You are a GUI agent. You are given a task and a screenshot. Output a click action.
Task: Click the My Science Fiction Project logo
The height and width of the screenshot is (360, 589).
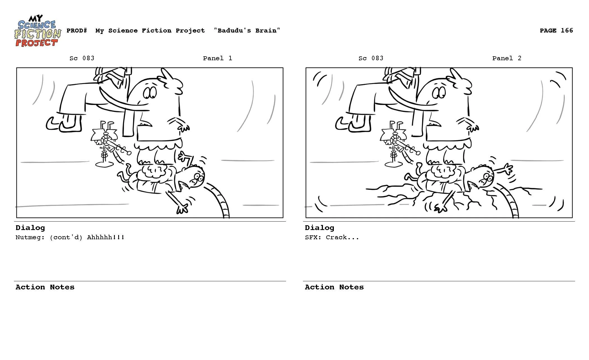[38, 31]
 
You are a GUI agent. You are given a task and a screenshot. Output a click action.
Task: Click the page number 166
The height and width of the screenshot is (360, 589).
[567, 31]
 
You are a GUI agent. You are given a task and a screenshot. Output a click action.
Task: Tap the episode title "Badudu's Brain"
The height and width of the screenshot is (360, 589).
[247, 31]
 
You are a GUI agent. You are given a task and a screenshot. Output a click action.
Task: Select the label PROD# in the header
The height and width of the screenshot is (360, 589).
[77, 31]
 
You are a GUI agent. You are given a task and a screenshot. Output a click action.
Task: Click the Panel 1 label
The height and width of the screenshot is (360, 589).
[218, 58]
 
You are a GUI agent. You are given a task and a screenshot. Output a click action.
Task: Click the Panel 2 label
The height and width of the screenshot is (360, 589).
[507, 58]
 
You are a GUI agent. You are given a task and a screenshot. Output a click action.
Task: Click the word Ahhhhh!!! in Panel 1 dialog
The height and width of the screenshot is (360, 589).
[106, 237]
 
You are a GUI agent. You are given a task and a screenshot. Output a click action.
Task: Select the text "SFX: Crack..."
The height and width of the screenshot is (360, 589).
[332, 237]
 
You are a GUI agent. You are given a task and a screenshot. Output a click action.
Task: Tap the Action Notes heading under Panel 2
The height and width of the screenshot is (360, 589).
[334, 287]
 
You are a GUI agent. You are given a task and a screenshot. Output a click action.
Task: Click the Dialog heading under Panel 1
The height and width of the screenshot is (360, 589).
[30, 228]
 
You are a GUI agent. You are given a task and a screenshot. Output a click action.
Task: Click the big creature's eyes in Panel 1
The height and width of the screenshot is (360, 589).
[150, 93]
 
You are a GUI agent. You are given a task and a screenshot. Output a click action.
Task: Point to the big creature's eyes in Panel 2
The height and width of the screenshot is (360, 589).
[439, 93]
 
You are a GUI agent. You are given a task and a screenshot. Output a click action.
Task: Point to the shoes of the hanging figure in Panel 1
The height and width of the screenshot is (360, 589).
[64, 123]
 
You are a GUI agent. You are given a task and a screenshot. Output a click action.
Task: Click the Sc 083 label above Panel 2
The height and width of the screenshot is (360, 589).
[371, 58]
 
